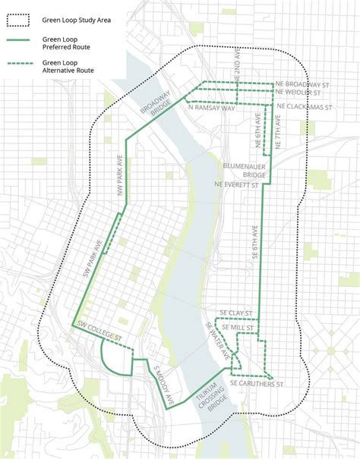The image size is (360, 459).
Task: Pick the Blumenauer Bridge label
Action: pos(243,168)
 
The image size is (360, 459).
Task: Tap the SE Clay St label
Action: pos(235,312)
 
